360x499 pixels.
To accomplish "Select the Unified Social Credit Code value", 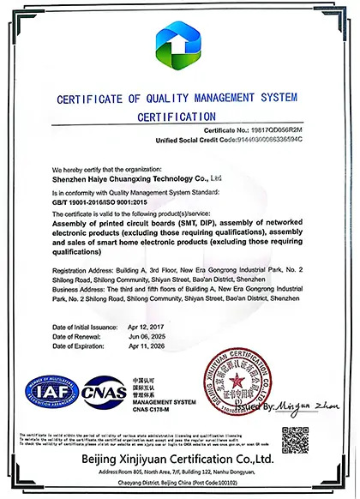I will point(274,139).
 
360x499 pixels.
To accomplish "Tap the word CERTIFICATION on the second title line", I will point(181,116).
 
